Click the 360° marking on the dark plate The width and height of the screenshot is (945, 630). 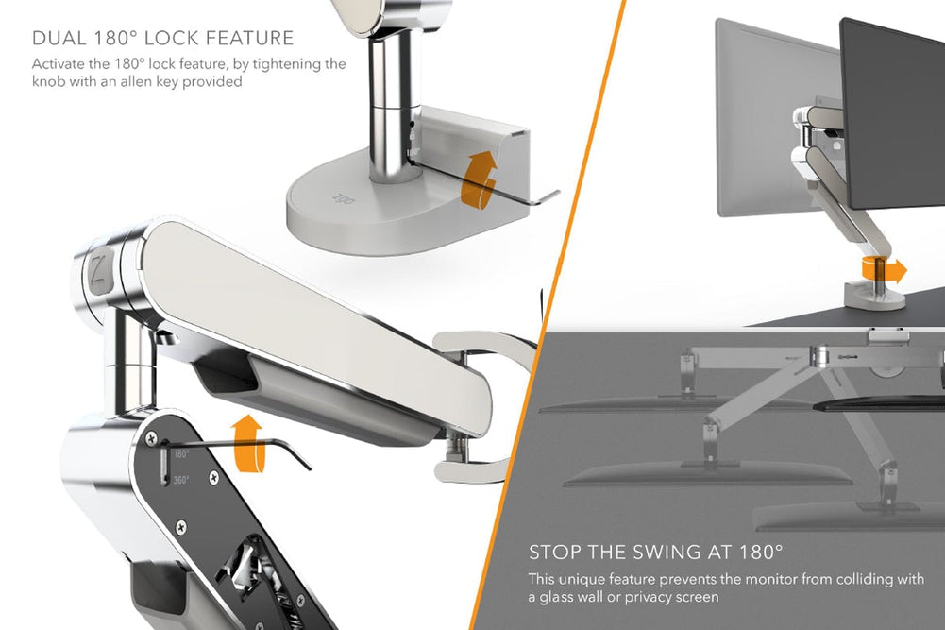pos(180,480)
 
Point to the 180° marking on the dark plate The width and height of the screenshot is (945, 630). pos(180,454)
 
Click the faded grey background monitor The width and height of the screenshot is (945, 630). pos(755,113)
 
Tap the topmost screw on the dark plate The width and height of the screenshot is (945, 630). pos(150,437)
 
